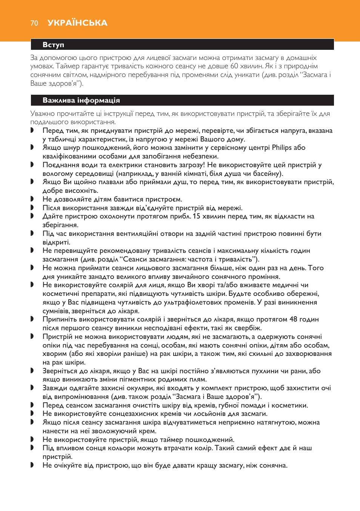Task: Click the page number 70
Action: pos(34,23)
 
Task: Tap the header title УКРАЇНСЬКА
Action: pos(77,23)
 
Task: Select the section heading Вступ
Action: pos(53,45)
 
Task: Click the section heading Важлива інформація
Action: pos(81,100)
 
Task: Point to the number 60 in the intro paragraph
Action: pos(234,66)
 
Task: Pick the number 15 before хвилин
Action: pos(196,216)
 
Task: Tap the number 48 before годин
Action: pos(293,319)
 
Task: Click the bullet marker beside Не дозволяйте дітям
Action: pos(32,199)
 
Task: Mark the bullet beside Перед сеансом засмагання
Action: pos(32,405)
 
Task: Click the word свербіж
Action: pos(247,328)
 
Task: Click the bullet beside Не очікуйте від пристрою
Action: pos(32,465)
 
